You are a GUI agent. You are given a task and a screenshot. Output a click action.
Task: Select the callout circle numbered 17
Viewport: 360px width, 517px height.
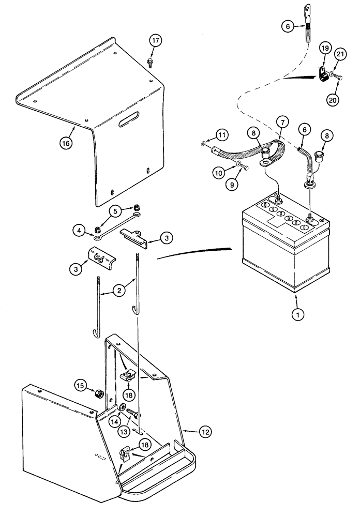pos(155,40)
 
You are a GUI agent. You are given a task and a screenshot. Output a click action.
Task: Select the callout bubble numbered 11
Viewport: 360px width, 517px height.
pos(221,136)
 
